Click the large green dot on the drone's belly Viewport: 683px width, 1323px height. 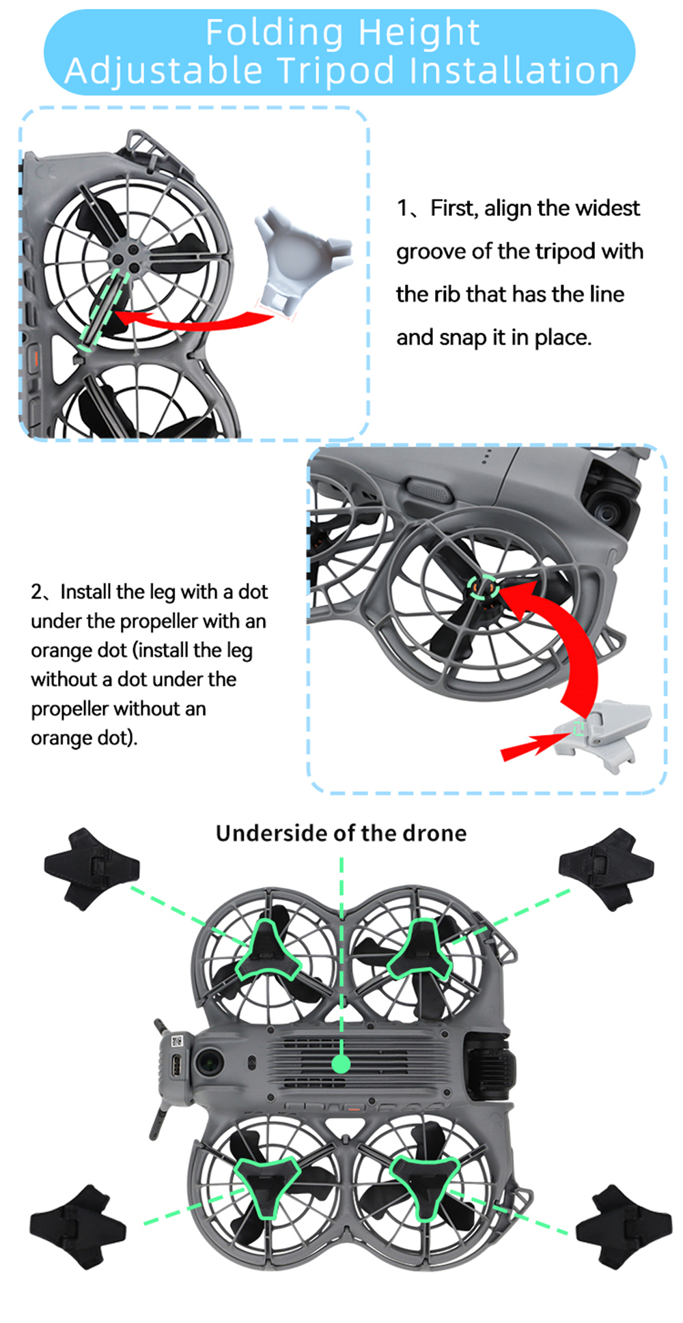341,1063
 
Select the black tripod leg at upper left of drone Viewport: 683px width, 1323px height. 91,868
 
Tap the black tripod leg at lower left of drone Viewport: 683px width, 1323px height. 77,1227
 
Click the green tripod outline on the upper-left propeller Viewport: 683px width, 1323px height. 267,951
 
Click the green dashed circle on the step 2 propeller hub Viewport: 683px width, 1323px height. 482,586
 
